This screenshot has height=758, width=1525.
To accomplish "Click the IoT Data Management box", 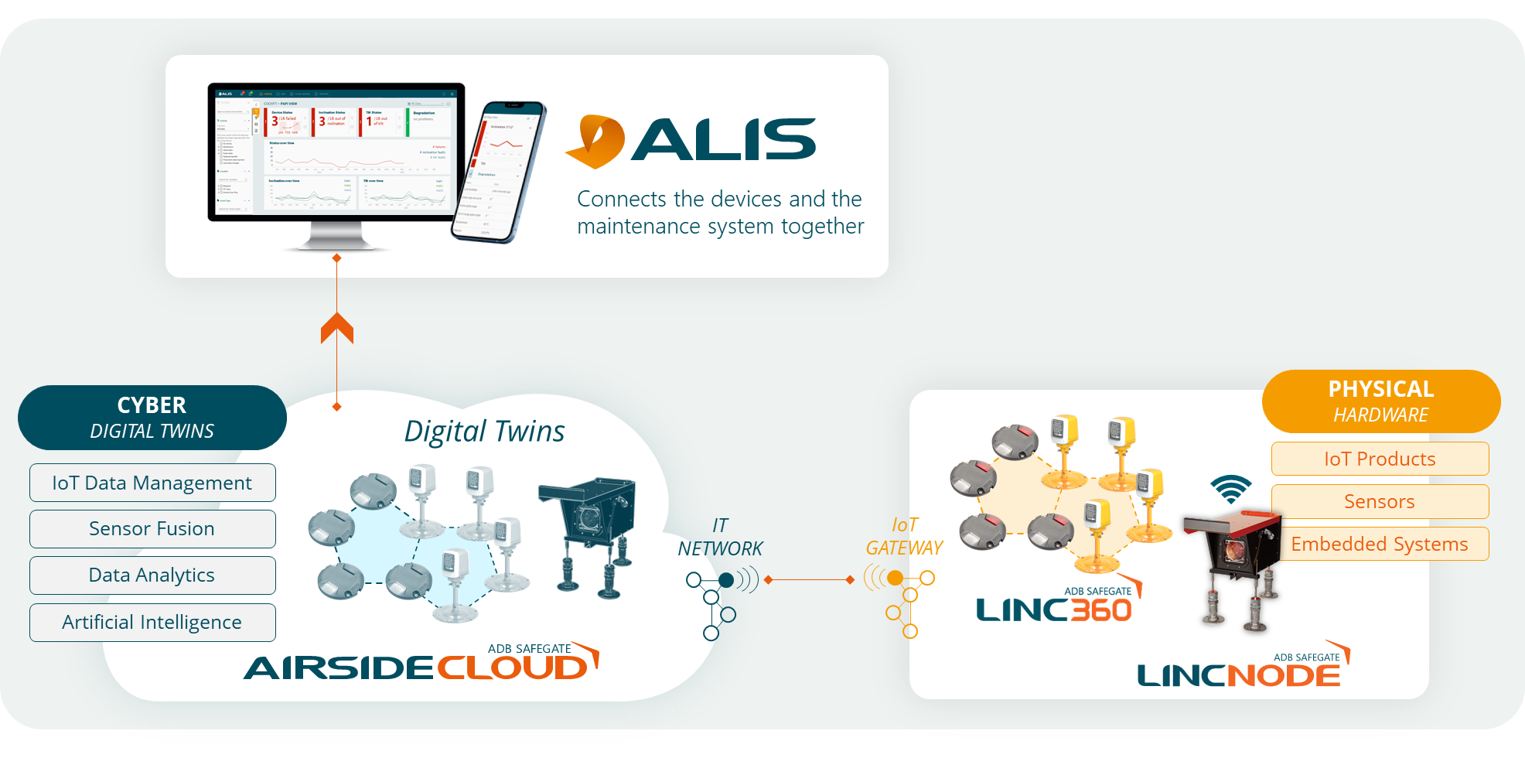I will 152,483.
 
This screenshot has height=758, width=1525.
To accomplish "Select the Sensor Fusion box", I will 152,529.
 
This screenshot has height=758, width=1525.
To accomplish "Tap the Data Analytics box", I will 152,575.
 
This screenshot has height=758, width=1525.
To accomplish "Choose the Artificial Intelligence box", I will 152,623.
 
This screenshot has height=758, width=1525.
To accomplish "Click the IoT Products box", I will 1380,459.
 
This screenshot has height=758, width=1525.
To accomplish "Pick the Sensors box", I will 1380,501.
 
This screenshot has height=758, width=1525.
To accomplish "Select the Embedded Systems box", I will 1380,544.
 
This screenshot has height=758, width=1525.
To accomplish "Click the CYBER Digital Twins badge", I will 152,418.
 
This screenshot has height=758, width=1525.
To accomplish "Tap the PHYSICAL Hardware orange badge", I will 1381,401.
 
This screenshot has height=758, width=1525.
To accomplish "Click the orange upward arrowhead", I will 337,328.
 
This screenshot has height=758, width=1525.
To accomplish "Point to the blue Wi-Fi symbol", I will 1231,488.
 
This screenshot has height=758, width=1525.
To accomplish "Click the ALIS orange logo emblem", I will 595,142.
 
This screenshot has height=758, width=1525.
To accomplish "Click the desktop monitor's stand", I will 336,237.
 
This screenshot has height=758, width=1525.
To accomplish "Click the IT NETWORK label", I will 720,537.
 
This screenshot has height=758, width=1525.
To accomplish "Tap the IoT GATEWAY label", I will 904,537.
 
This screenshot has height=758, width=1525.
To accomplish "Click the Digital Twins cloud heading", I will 485,432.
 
